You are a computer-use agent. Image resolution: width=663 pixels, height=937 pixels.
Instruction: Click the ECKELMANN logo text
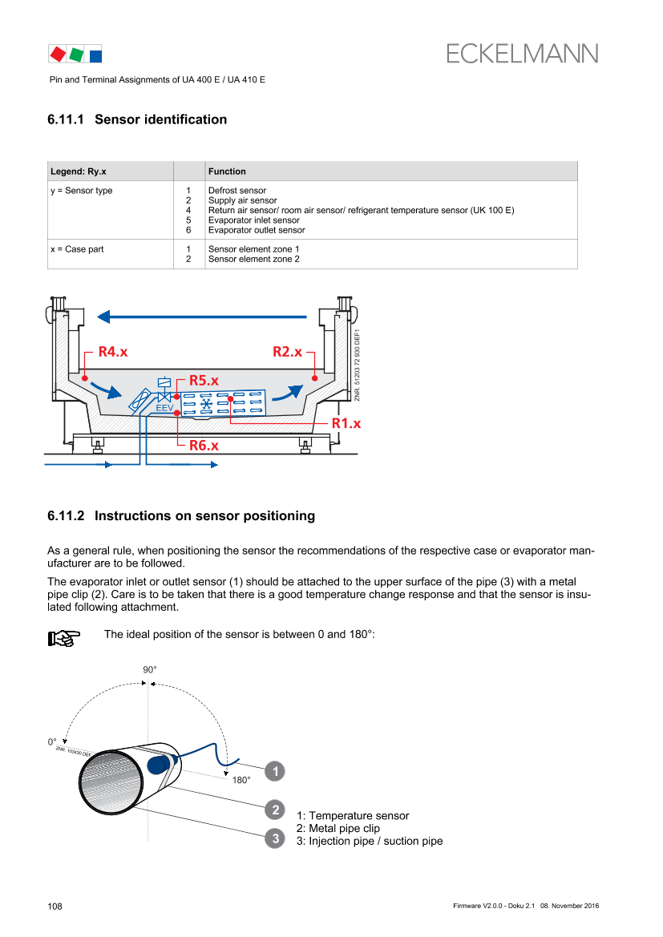522,54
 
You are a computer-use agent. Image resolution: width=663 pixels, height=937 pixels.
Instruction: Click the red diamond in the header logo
58,55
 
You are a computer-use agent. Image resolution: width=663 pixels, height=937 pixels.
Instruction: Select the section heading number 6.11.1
66,119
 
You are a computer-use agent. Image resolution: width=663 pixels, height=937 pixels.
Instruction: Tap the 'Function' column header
227,172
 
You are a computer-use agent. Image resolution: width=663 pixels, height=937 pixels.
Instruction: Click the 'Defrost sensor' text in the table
237,191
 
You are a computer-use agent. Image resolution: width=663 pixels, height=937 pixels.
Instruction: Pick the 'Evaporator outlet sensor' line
257,230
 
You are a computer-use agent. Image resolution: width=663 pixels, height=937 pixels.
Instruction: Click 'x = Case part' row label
77,249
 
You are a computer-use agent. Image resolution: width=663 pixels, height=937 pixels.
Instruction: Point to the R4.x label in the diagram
113,352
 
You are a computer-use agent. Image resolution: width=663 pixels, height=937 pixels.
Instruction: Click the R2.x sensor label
288,352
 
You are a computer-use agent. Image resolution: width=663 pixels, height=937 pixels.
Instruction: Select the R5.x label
204,381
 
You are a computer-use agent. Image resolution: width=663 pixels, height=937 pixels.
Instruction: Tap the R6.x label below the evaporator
204,446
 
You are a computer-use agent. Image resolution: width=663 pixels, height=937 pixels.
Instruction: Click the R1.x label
347,424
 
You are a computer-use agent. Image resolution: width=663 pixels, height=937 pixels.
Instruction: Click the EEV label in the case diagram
164,408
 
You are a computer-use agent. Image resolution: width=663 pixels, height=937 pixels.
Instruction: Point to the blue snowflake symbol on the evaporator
206,405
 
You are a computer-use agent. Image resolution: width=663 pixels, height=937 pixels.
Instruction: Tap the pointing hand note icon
64,638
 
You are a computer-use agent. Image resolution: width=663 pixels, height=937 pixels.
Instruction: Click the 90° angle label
149,670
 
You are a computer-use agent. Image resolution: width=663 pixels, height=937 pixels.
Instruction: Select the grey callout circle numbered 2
275,810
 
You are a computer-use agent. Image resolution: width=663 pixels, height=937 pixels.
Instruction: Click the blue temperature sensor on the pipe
159,764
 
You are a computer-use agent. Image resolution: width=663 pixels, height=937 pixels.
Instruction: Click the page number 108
55,907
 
